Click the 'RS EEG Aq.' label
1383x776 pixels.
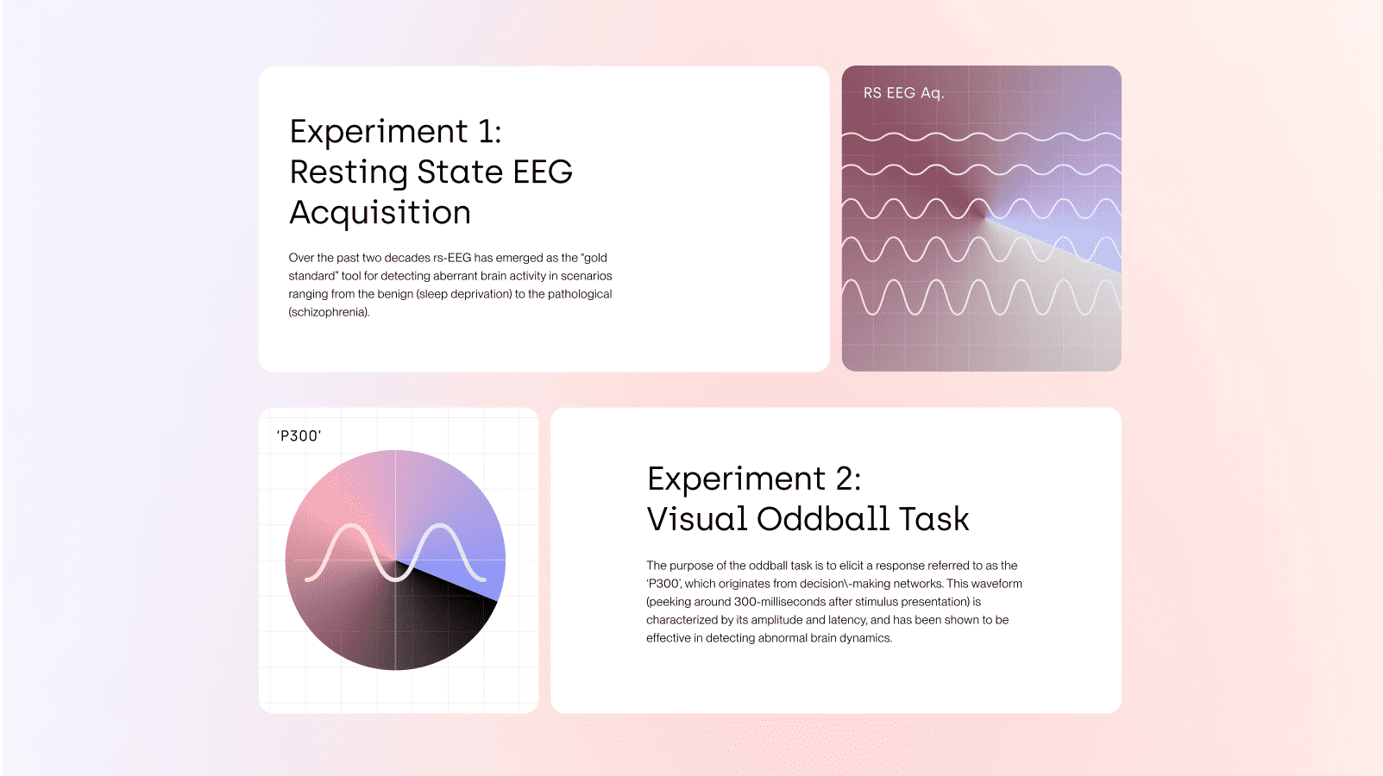pos(903,93)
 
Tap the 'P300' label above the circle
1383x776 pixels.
pos(299,436)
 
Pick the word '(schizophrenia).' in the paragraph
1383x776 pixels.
pos(329,312)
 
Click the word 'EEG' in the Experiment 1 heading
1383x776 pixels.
pos(543,172)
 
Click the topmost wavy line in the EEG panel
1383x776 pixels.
pos(981,138)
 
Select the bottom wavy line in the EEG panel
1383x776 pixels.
pos(981,297)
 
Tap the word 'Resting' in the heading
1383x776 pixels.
pos(349,172)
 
